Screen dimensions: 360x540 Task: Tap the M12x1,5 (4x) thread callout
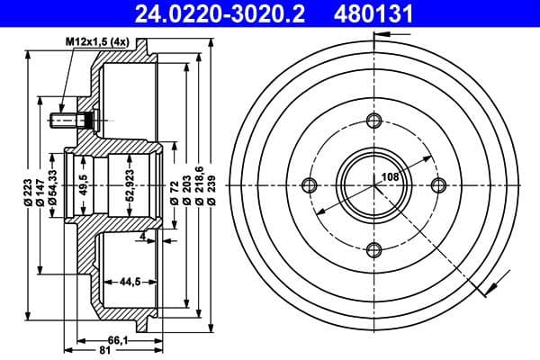pyautogui.click(x=98, y=43)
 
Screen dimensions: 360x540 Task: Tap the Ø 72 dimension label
pyautogui.click(x=172, y=192)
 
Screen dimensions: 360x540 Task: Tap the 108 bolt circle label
pyautogui.click(x=390, y=177)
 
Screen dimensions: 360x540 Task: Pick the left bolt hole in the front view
pyautogui.click(x=310, y=185)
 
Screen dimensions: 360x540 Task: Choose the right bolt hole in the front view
pyautogui.click(x=439, y=185)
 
